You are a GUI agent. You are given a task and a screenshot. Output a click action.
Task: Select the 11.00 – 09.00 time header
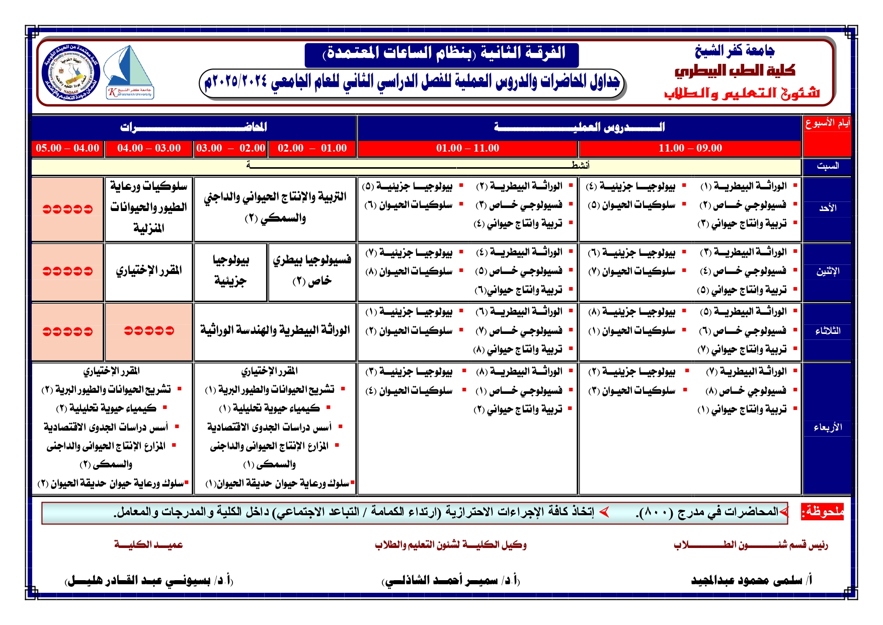(x=690, y=148)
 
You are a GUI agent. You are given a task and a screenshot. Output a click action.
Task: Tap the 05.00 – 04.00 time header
(x=67, y=148)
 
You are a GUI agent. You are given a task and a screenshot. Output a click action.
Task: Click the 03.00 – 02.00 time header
(x=230, y=148)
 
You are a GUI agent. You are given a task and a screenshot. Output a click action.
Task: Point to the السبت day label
(x=827, y=166)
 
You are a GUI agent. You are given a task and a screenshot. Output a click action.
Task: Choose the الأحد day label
(x=827, y=208)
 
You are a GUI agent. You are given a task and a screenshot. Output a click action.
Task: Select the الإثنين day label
(x=827, y=271)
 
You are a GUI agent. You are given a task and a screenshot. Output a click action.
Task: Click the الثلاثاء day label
(x=827, y=331)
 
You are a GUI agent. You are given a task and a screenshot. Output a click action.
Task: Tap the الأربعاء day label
(x=827, y=428)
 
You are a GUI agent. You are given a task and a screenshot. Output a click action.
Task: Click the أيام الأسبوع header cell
(x=827, y=123)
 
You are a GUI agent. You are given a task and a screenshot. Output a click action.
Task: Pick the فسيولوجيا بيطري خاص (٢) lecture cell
(x=312, y=270)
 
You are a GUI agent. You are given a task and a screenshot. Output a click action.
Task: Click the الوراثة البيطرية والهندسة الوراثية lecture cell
(x=275, y=331)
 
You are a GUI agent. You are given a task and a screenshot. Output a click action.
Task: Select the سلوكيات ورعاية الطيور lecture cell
(x=148, y=207)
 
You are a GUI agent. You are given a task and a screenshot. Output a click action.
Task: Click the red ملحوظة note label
(x=822, y=512)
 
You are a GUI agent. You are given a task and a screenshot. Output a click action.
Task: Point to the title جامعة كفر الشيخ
(x=734, y=50)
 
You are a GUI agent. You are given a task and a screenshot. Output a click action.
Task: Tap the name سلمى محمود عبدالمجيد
(x=751, y=580)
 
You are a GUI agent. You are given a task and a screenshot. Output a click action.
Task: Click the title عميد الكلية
(x=148, y=545)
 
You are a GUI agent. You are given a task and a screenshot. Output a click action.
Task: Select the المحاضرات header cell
(x=194, y=127)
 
